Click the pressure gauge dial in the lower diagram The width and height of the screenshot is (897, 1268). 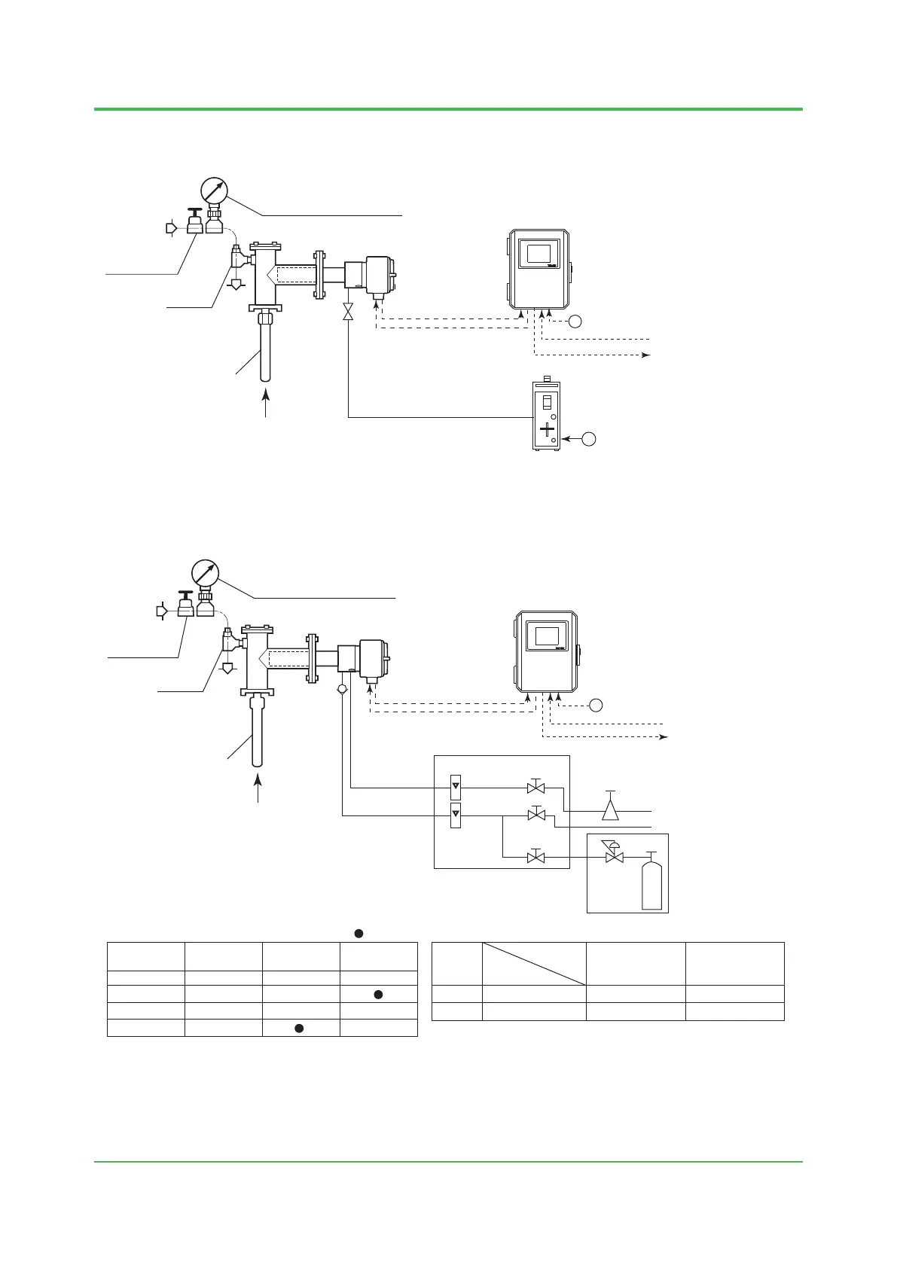coord(205,573)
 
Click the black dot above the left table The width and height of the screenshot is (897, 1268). coord(359,934)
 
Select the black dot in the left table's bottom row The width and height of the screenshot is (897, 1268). coord(299,1028)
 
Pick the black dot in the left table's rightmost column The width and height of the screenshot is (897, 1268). coord(379,994)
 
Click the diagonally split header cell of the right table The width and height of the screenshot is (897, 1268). coord(534,963)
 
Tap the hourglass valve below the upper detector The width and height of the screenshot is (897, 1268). coord(348,312)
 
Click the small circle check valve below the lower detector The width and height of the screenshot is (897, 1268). coord(342,689)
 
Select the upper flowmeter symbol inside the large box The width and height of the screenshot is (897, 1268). coord(455,788)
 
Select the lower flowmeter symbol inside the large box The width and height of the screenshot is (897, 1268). coord(455,815)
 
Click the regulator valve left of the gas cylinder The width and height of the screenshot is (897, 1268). coord(615,855)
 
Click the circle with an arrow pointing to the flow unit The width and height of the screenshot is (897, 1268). coord(590,437)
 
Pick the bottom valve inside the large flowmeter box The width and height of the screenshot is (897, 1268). coord(536,857)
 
